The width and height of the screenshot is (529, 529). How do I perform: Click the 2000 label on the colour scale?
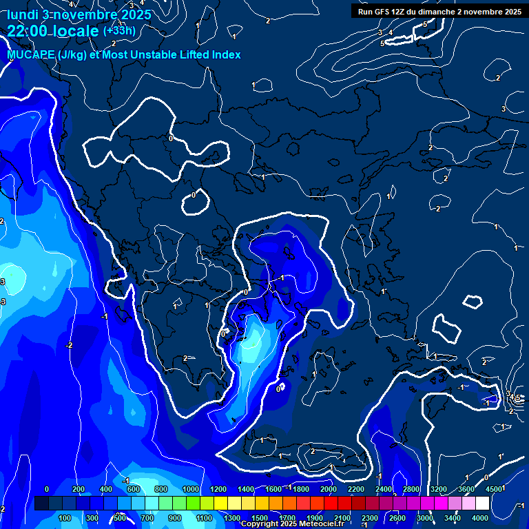coord(329,489)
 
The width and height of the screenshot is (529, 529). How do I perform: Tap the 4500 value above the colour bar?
coord(495,489)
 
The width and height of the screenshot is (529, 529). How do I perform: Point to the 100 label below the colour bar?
coord(65,518)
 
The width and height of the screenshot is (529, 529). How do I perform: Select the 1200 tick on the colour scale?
coord(218,489)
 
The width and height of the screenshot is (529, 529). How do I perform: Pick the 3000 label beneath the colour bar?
coord(425,518)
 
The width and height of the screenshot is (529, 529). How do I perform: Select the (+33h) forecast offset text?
coord(118,31)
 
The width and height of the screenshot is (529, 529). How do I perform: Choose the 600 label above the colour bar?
coord(134,489)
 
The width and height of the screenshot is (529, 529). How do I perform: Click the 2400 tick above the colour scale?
coord(384,489)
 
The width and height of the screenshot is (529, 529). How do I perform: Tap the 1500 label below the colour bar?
coord(259,518)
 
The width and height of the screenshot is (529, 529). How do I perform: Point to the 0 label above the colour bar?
coord(46,489)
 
